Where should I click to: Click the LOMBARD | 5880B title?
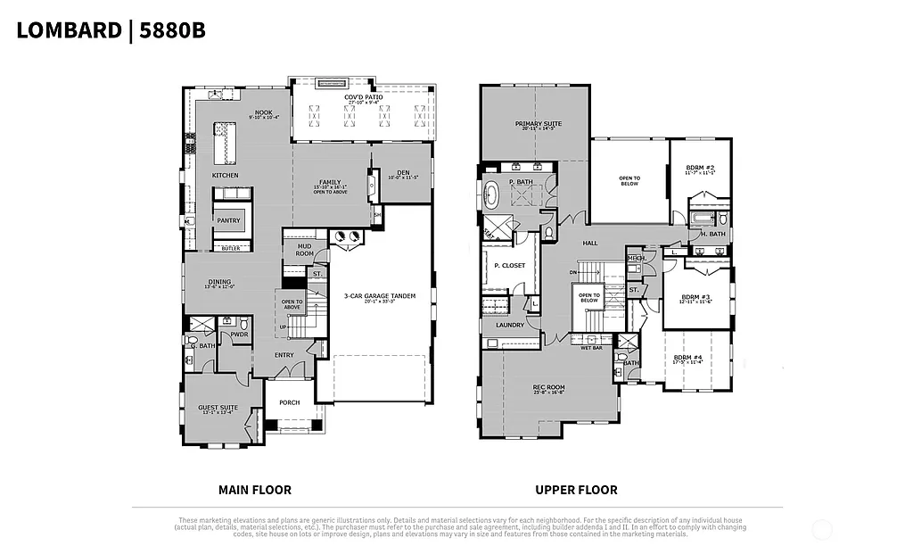[111, 29]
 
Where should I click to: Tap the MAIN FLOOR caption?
[255, 490]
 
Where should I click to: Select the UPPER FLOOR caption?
[576, 490]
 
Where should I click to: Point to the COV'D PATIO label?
[363, 97]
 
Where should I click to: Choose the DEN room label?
[403, 173]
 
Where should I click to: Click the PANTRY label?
[229, 220]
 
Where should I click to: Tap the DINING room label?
[219, 283]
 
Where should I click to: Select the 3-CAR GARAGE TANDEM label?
[381, 296]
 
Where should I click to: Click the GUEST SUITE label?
[219, 409]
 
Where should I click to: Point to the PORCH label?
[289, 402]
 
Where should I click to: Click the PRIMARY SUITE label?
[534, 124]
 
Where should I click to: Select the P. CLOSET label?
[509, 266]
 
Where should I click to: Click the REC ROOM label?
[548, 387]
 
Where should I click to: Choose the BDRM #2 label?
[700, 168]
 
